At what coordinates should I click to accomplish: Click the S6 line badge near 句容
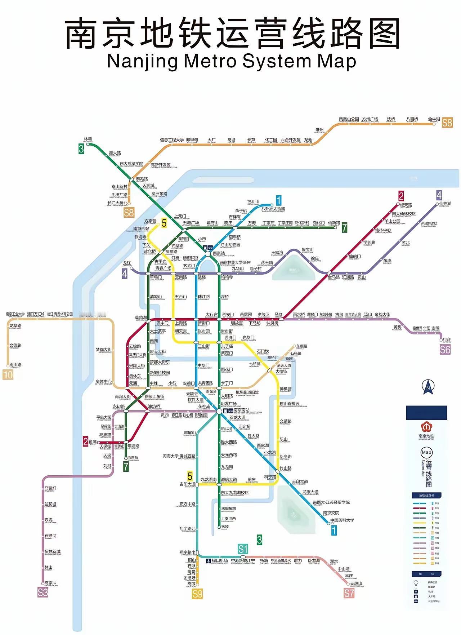click(445, 349)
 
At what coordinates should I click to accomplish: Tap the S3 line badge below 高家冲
click(43, 592)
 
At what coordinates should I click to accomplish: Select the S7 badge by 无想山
click(349, 593)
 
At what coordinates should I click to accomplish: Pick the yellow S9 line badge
click(197, 594)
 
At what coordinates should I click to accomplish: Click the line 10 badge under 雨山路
click(8, 375)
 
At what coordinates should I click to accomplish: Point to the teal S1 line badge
click(243, 549)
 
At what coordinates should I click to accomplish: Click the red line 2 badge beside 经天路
click(401, 196)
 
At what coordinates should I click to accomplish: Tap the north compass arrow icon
click(428, 387)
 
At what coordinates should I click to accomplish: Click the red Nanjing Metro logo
click(426, 427)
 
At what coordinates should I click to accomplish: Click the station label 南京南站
click(241, 410)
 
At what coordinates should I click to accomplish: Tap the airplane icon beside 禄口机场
click(208, 561)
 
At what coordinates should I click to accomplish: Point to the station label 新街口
click(203, 323)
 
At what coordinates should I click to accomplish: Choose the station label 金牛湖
click(434, 119)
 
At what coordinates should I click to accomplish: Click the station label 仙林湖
click(445, 204)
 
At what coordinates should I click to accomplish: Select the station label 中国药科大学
click(342, 520)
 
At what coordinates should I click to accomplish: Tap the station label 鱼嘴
click(93, 442)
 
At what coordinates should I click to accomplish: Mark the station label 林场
click(88, 139)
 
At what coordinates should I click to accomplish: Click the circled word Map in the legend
click(426, 452)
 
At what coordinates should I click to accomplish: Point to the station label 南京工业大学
click(15, 314)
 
